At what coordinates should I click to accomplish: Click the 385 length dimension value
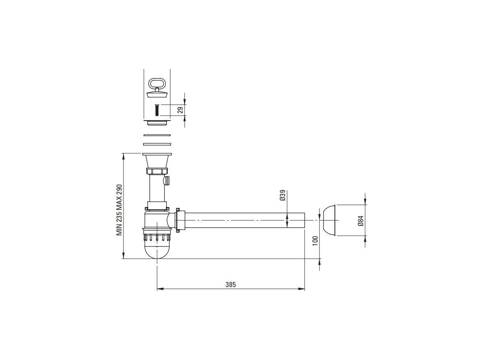pyautogui.click(x=231, y=285)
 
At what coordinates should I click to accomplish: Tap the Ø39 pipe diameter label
pyautogui.click(x=283, y=195)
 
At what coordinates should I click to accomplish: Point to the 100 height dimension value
pyautogui.click(x=315, y=241)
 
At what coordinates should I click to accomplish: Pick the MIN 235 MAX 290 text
pyautogui.click(x=119, y=210)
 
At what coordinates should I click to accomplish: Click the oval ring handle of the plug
pyautogui.click(x=157, y=83)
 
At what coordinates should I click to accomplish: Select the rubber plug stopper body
pyautogui.click(x=157, y=93)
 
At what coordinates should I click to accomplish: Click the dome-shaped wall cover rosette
pyautogui.click(x=329, y=220)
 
